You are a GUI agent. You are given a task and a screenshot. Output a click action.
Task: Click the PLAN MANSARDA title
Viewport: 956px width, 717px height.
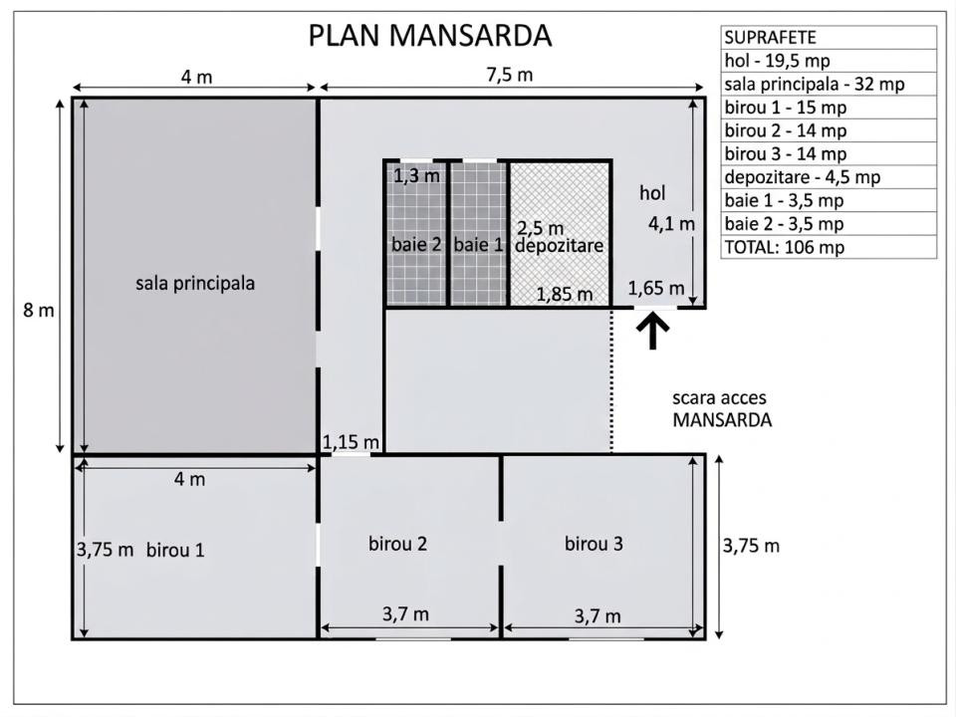[430, 36]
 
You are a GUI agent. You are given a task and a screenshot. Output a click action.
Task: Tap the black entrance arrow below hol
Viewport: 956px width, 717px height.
[653, 330]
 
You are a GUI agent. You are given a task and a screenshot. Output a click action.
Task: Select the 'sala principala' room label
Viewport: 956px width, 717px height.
[195, 284]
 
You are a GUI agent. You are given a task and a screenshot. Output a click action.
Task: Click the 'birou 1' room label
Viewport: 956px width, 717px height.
[175, 550]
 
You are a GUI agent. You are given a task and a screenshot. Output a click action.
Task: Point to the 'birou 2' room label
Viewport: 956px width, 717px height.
[397, 544]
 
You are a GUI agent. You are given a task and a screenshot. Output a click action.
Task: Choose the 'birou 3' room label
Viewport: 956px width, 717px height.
[594, 544]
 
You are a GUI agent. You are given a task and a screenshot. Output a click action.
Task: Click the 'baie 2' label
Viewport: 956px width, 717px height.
[416, 245]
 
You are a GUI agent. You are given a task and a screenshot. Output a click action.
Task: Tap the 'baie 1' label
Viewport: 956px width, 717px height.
[479, 245]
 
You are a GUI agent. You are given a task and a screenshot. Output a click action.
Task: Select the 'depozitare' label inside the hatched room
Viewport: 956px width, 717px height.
[559, 246]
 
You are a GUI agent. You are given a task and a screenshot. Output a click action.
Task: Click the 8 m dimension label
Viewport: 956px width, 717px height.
[39, 311]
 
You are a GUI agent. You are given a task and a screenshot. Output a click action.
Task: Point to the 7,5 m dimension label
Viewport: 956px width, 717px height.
[510, 75]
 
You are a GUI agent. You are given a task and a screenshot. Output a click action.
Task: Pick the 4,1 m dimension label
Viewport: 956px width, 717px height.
[671, 224]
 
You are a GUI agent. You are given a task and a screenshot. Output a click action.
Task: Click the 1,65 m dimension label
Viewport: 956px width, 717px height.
[656, 288]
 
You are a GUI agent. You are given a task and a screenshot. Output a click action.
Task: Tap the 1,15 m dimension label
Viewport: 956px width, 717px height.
[351, 442]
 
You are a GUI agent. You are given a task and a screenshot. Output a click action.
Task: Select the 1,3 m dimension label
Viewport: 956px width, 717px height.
[416, 176]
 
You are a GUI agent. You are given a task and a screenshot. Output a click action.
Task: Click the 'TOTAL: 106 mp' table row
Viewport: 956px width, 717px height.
[829, 247]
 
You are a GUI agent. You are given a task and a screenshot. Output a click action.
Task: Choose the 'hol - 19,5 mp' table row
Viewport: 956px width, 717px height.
[829, 61]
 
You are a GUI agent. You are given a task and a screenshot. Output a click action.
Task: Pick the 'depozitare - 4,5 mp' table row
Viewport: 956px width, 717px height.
[829, 177]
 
